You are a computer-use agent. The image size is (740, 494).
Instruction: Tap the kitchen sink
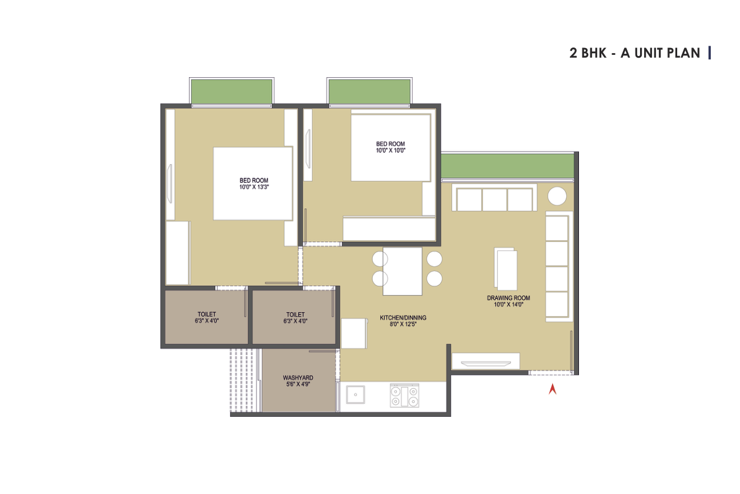tap(356, 395)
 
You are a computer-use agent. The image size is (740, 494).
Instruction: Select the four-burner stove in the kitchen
tap(404, 396)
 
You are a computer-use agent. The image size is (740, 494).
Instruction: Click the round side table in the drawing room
tap(557, 196)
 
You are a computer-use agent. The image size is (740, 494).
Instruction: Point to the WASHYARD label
tap(298, 377)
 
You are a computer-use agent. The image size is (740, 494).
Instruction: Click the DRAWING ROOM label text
tap(508, 298)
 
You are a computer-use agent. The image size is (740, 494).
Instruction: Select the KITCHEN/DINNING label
tap(403, 318)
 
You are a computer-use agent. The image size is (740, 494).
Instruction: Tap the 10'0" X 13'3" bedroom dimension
tap(254, 187)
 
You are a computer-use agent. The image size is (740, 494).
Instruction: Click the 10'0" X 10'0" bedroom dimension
tap(391, 150)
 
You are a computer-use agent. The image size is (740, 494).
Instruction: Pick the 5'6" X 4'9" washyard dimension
tap(298, 384)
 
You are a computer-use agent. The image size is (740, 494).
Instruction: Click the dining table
tap(403, 271)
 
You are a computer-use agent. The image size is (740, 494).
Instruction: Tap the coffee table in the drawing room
tap(506, 269)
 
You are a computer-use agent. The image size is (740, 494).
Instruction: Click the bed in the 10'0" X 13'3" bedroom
tap(253, 184)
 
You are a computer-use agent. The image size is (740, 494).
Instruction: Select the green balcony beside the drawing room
tap(508, 165)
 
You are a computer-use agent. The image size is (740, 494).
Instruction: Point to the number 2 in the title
tap(573, 53)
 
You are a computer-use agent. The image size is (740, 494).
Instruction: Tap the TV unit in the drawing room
tap(485, 361)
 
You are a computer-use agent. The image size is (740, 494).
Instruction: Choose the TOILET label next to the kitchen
tap(295, 314)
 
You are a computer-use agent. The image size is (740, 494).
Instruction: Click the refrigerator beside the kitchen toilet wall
tap(354, 333)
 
